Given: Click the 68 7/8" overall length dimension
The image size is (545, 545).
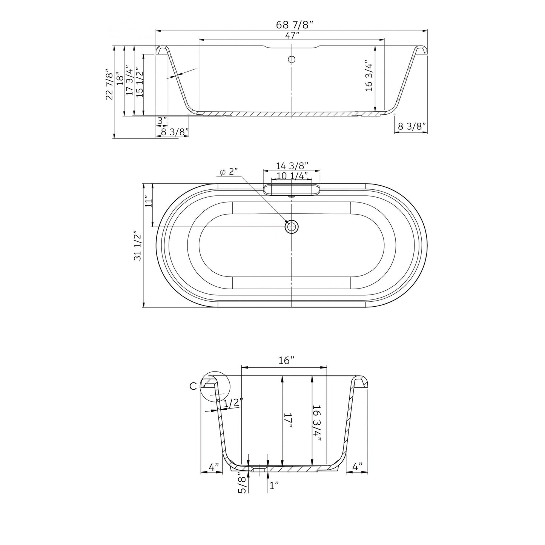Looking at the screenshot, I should coord(295,25).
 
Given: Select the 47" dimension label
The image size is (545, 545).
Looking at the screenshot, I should coord(292,35).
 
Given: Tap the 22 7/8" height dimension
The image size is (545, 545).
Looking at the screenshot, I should coord(109,84).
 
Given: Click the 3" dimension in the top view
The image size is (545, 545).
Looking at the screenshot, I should coord(162,121).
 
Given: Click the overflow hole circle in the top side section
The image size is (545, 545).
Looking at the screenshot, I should coord(292,59).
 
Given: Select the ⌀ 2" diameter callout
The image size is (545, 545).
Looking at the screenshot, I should coord(229,172).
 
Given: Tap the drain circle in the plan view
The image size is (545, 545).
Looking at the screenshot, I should coord(292,227).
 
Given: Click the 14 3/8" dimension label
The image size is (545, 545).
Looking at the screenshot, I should coord(292,166).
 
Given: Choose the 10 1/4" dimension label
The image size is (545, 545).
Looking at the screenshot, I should coord(292,176).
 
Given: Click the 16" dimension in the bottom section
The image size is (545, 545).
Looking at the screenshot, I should coord(286,361).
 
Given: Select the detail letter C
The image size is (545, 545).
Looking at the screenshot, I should coord(193,386).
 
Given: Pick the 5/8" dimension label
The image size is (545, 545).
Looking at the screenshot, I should coord(243,485).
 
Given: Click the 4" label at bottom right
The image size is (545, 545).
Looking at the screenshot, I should coord(357,467).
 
